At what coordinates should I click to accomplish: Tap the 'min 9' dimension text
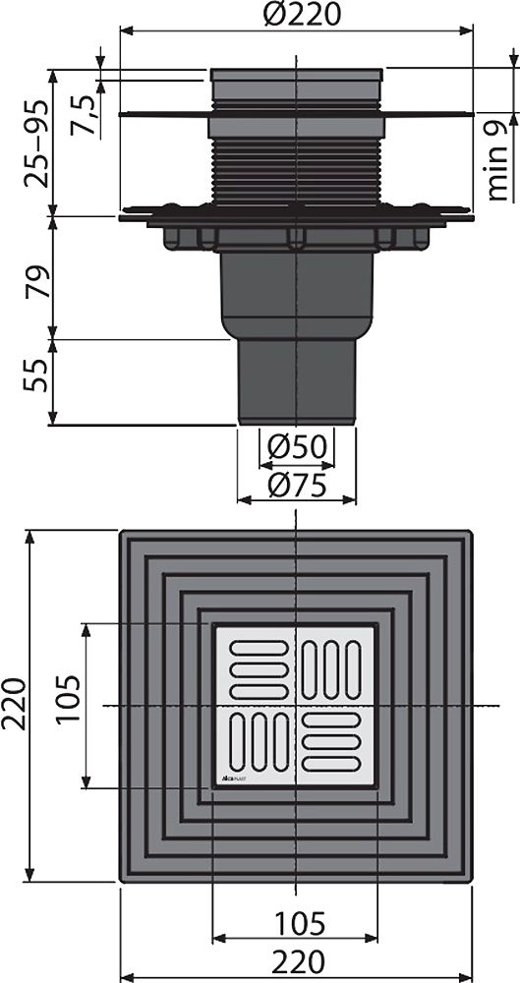[x=497, y=157]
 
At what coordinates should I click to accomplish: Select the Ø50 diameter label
[x=296, y=448]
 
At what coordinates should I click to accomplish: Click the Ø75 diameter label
[x=296, y=483]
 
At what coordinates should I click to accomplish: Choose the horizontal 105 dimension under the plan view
[x=296, y=923]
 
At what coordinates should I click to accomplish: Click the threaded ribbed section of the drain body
[x=295, y=172]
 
